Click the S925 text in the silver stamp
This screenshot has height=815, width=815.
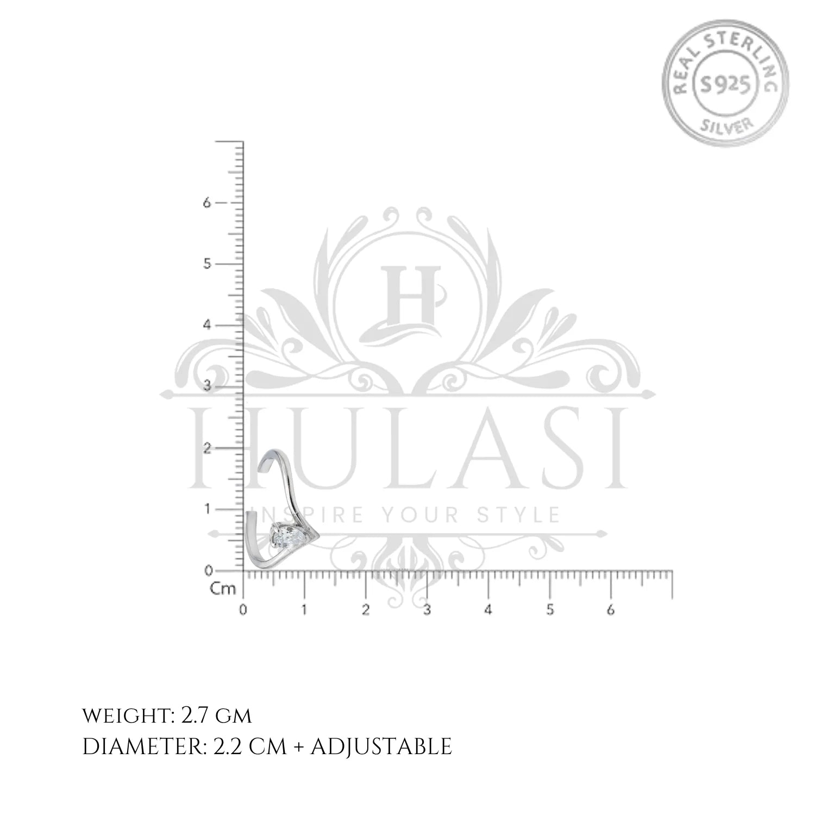(x=724, y=84)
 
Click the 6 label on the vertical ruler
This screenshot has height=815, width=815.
(x=206, y=203)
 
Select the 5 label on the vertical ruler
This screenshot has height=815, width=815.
(x=206, y=264)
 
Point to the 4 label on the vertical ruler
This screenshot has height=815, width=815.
(x=206, y=325)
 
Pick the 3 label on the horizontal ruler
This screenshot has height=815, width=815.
(x=427, y=610)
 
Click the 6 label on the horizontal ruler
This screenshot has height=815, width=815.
(x=611, y=610)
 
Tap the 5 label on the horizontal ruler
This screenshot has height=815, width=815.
(x=550, y=610)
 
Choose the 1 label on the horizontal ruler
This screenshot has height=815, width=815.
(x=304, y=610)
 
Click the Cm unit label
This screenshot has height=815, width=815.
(x=223, y=588)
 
